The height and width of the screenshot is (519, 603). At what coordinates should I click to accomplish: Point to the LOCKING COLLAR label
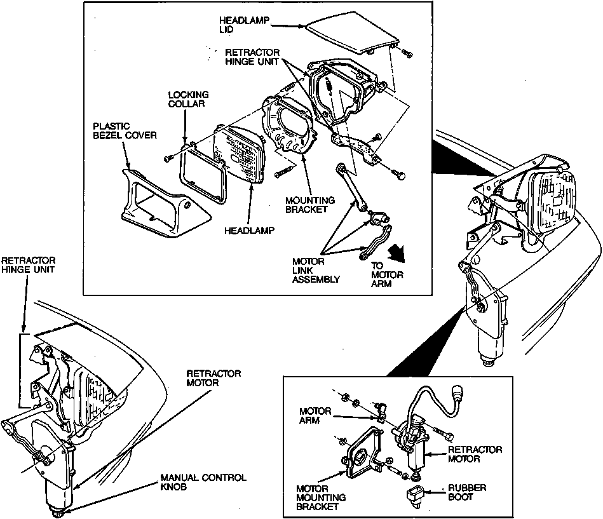click(x=188, y=99)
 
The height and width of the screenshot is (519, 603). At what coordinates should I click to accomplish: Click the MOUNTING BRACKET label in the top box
click(x=310, y=205)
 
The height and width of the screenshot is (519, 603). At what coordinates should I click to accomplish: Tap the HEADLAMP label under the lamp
click(x=249, y=231)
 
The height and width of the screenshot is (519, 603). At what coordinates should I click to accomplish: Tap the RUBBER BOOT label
click(x=467, y=492)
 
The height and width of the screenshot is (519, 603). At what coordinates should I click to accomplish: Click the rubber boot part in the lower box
click(x=416, y=495)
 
